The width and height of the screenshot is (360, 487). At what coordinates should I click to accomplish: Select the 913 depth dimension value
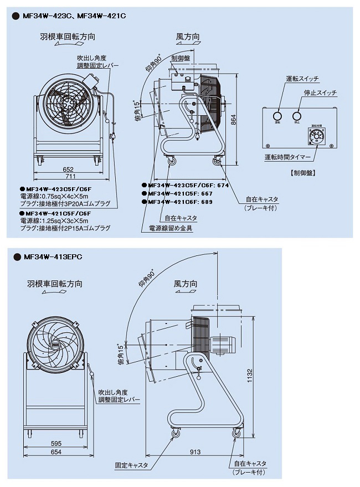coord(195,452)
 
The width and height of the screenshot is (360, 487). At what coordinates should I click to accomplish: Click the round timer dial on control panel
coord(316,139)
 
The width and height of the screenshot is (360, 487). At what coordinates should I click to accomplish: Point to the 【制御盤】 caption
coord(302,172)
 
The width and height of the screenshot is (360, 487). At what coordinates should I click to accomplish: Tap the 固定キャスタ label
coord(131,466)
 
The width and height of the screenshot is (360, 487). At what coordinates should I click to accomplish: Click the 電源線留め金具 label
coord(171,228)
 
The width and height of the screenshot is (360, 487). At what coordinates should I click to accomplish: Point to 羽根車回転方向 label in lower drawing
coord(55,284)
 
